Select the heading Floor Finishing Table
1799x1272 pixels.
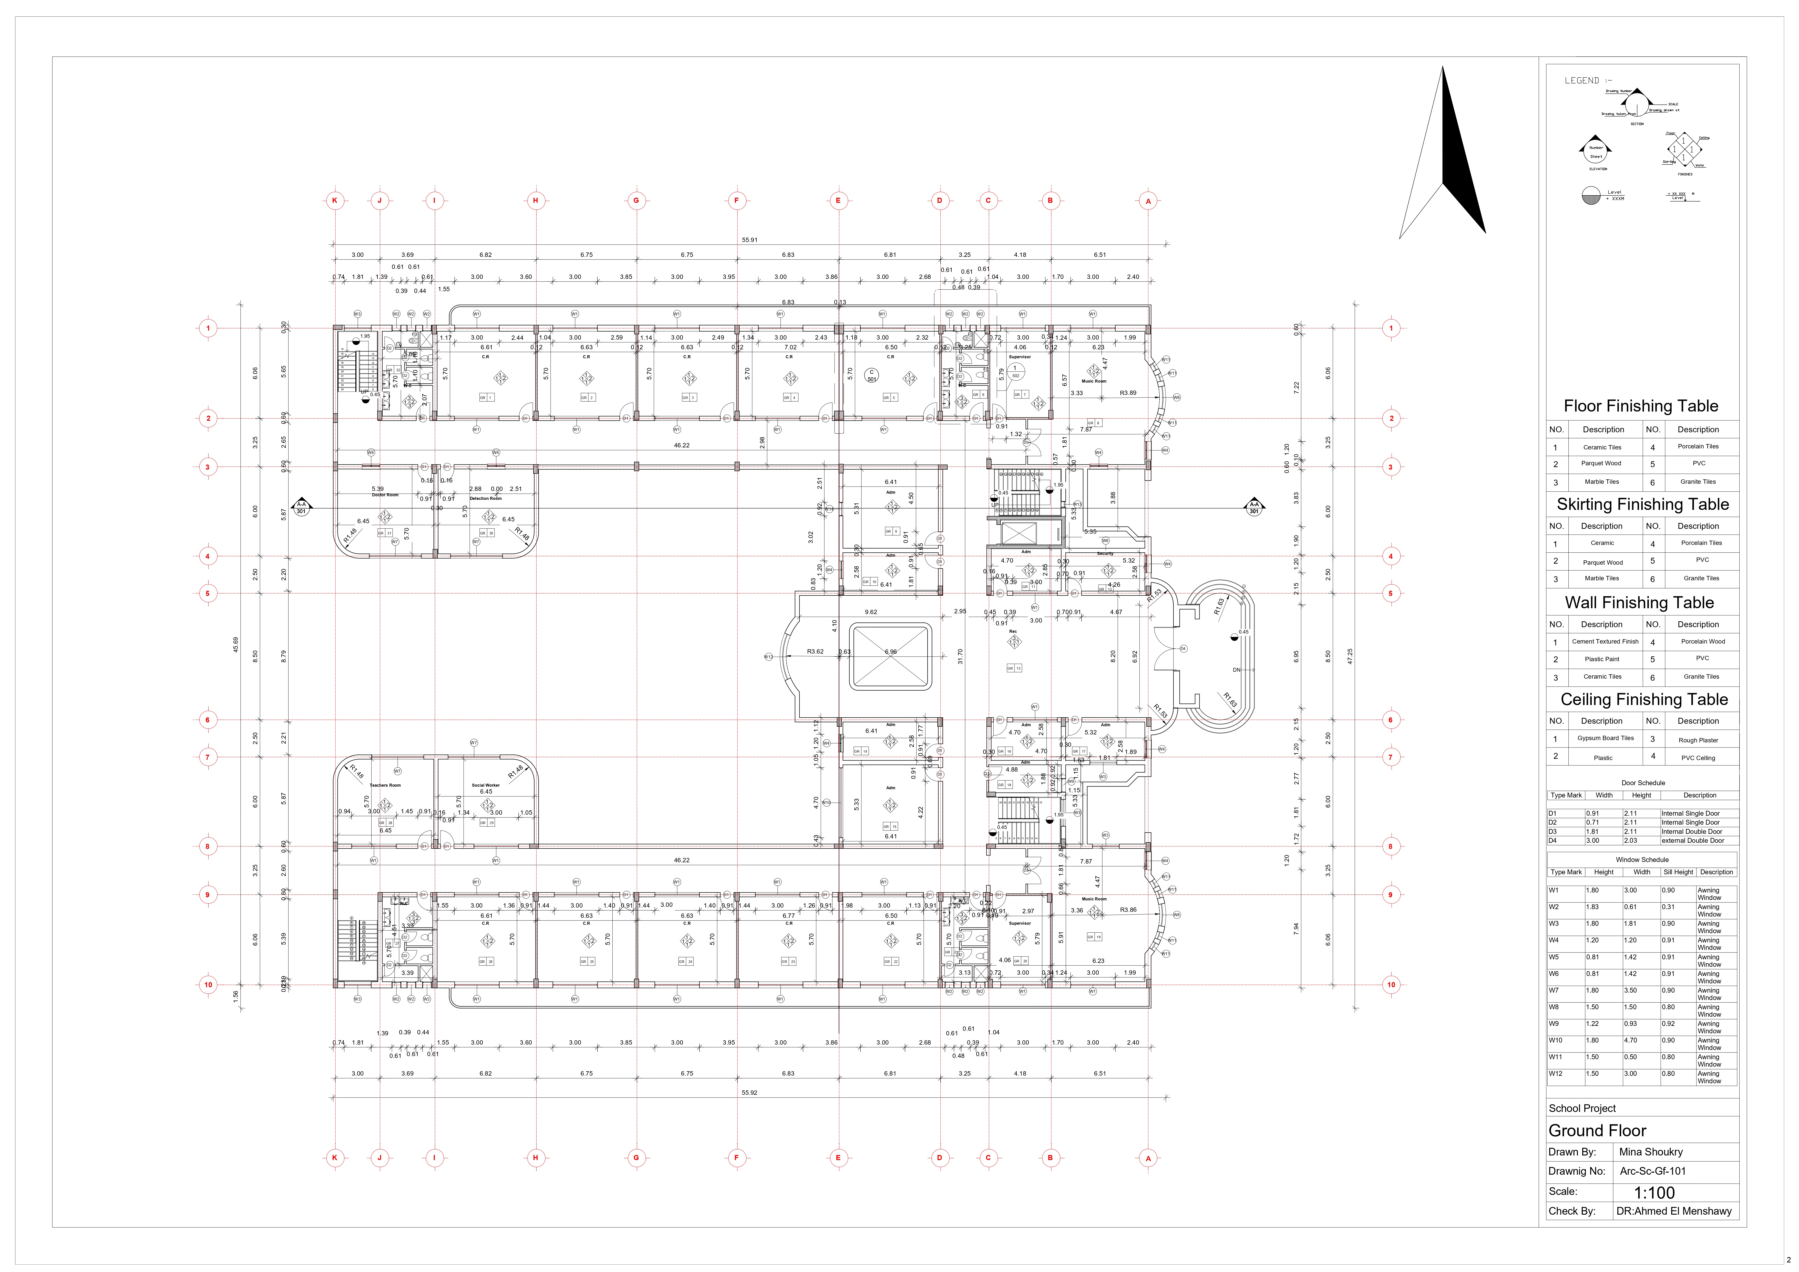point(1641,406)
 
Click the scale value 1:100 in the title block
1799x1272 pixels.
point(1654,1192)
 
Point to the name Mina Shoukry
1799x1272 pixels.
point(1651,1151)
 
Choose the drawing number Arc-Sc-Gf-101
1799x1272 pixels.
point(1652,1171)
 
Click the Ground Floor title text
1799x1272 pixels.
point(1597,1130)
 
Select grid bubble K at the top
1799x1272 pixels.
point(335,201)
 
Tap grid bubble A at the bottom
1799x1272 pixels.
point(1148,1158)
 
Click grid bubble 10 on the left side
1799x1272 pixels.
point(208,985)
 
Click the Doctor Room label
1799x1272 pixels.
point(385,495)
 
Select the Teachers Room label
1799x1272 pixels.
point(385,785)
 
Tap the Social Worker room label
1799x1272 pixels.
point(486,785)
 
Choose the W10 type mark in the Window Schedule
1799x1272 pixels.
point(1556,1040)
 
